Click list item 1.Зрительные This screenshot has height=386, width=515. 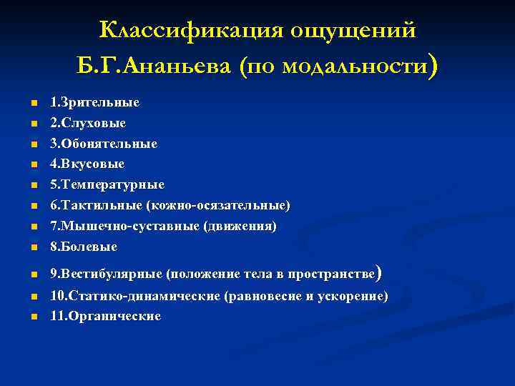point(94,102)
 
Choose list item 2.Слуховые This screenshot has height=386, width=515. point(88,123)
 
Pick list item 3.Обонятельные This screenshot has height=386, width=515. point(103,144)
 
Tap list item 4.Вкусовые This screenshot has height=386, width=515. point(87,164)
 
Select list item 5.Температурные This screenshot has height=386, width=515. point(107,185)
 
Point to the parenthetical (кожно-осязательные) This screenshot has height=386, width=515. point(218,206)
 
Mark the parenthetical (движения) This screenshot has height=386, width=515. point(240,227)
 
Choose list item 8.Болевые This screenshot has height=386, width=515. point(83,247)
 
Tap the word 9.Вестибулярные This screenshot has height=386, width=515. point(105,274)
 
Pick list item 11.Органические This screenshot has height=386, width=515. point(105,316)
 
